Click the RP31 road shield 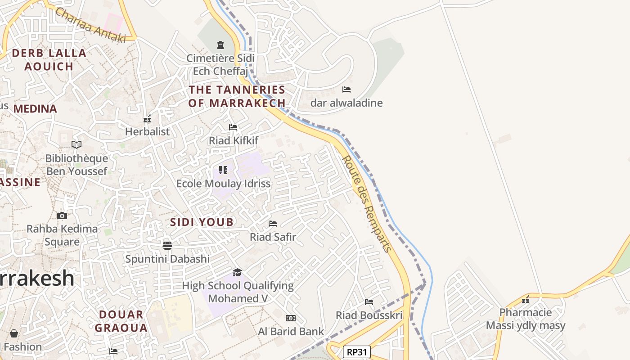(357, 352)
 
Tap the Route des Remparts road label (366, 203)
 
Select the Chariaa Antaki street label (90, 25)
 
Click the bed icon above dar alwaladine (346, 90)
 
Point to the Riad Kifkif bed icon (233, 127)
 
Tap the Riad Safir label (273, 237)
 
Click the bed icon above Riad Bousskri (369, 302)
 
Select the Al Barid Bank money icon (291, 318)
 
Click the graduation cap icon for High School (237, 272)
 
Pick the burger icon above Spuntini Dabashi (167, 245)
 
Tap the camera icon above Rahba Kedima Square (62, 216)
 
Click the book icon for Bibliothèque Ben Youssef (76, 145)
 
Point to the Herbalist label (147, 131)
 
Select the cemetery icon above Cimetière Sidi (220, 45)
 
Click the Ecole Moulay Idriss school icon (223, 170)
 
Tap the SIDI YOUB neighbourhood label (202, 222)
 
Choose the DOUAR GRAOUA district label (121, 321)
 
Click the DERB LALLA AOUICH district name (49, 59)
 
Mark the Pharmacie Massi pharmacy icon (525, 300)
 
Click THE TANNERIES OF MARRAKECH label (237, 96)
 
